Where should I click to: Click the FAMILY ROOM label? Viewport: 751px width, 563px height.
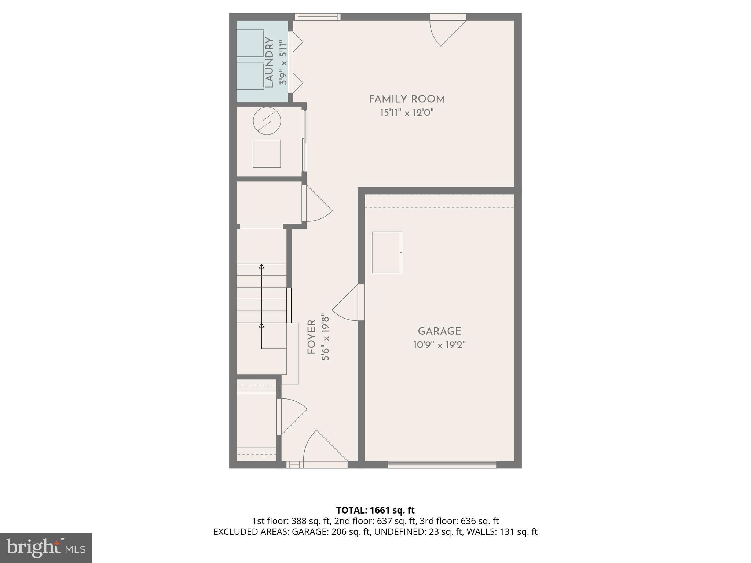click(406, 99)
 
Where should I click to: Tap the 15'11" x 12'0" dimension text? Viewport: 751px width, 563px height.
click(406, 113)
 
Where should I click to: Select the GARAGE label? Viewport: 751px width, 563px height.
click(439, 331)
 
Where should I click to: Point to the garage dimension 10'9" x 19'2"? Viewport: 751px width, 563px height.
click(439, 345)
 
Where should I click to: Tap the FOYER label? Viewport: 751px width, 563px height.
click(311, 337)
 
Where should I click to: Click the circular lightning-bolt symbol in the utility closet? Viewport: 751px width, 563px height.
click(267, 121)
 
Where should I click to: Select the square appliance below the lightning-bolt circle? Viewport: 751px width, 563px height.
click(267, 154)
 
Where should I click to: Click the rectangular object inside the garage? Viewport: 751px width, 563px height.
click(387, 252)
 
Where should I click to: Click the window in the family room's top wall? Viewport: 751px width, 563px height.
click(318, 17)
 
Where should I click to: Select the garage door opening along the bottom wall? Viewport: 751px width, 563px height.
click(442, 465)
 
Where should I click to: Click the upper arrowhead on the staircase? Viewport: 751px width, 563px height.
click(261, 266)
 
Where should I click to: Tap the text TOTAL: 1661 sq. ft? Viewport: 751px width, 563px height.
click(375, 510)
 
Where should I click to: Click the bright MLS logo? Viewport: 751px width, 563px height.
click(46, 548)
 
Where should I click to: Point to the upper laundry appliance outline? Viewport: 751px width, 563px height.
click(250, 43)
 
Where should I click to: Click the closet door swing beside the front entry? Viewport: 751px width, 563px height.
click(292, 416)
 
